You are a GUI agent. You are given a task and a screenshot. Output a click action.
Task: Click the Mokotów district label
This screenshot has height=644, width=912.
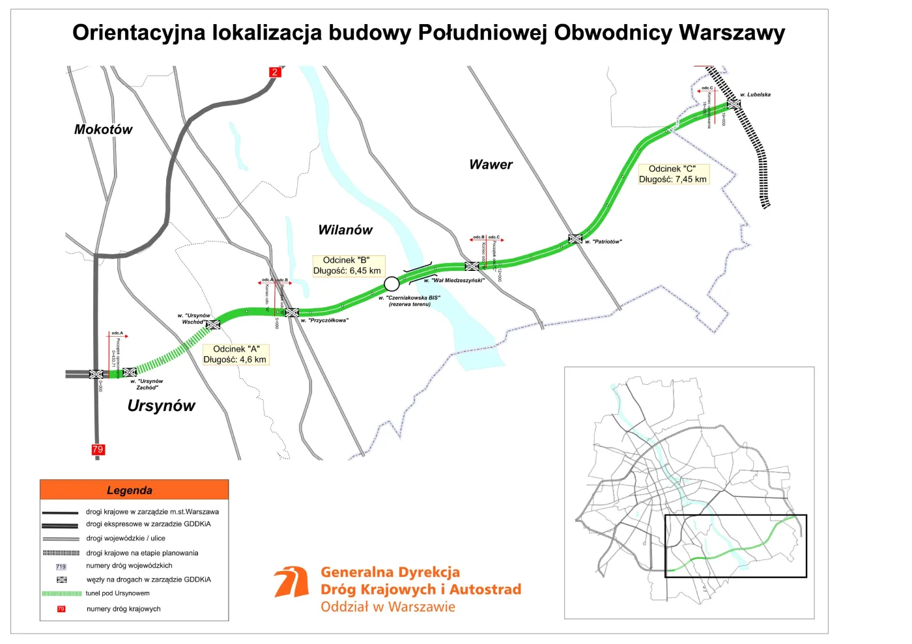[103, 130]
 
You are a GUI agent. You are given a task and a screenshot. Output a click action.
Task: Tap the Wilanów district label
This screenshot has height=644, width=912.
[345, 230]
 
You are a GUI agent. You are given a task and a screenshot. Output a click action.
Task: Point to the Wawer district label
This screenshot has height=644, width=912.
[491, 165]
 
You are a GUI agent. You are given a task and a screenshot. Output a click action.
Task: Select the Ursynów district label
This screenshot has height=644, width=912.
[161, 406]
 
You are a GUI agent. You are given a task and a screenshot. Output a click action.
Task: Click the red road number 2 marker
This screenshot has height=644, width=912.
[275, 72]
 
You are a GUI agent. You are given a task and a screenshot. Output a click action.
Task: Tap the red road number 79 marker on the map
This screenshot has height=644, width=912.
[98, 449]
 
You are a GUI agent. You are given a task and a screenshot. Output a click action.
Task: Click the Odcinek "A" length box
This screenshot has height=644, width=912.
[235, 354]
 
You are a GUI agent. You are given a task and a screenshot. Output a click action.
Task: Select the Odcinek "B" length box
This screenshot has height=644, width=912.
[347, 266]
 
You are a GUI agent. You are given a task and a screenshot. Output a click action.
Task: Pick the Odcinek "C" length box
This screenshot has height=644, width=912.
[672, 174]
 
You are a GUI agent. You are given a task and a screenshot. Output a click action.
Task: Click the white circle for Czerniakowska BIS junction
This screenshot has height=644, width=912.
[392, 283]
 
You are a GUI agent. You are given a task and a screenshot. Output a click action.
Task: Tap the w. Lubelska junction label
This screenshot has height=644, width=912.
[755, 95]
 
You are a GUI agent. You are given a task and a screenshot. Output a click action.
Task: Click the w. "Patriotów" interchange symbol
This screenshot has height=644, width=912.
[575, 239]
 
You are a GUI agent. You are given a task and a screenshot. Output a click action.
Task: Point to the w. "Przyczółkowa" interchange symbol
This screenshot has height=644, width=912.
[292, 313]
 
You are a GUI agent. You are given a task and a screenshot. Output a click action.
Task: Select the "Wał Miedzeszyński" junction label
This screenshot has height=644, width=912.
[454, 281]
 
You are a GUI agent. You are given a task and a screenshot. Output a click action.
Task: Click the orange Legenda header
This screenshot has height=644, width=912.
[134, 490]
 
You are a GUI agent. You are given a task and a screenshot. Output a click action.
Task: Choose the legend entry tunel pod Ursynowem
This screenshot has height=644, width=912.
[117, 593]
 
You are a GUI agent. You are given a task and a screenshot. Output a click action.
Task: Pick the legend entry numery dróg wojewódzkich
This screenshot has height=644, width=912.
[129, 566]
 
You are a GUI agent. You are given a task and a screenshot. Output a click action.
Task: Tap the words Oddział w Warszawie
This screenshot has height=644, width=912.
[388, 607]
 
